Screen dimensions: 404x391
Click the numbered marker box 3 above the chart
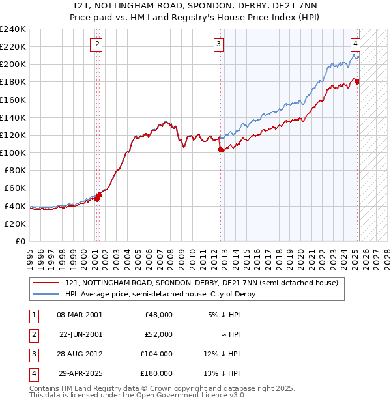pos(218,44)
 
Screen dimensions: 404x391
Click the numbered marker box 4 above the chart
pos(356,44)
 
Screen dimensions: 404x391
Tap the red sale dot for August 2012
pos(220,149)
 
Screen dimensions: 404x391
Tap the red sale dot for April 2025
pos(358,81)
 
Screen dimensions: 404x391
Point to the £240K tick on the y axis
pos(13,29)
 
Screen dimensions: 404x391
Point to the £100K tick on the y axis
pos(13,152)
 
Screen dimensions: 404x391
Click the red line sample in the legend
pos(46,283)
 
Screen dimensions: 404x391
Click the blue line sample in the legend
pos(46,294)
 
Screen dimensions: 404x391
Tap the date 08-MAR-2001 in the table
pos(80,314)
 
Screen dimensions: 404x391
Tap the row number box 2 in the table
pos(33,334)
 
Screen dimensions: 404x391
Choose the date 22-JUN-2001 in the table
pos(81,334)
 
